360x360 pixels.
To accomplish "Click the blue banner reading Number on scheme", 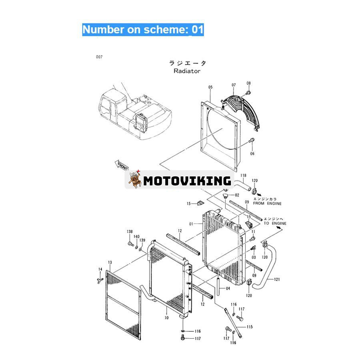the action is [x=143, y=30].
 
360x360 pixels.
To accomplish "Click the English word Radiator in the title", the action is [x=187, y=71].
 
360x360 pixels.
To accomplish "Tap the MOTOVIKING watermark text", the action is [x=187, y=181].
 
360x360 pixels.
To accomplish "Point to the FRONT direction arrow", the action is [x=122, y=166].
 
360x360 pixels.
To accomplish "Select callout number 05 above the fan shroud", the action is [x=210, y=87].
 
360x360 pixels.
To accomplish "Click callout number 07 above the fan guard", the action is [x=234, y=85].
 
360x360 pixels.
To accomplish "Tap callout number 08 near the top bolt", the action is [x=249, y=83].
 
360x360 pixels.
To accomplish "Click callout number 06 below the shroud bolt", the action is [x=252, y=154].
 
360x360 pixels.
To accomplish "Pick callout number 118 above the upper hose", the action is [x=243, y=176].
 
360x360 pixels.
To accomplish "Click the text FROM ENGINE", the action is [x=267, y=204].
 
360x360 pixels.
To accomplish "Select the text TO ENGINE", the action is [x=275, y=223].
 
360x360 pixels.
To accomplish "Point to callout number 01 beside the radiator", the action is [x=191, y=224].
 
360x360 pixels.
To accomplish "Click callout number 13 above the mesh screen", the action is [x=110, y=262].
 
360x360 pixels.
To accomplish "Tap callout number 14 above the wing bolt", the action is [x=100, y=269].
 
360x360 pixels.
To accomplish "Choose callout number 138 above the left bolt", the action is [x=130, y=232].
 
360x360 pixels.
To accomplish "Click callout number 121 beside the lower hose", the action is [x=277, y=280].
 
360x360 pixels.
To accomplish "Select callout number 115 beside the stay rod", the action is [x=250, y=327].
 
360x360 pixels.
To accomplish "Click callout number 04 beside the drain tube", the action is [x=228, y=288].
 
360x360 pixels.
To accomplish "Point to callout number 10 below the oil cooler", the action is [x=166, y=318].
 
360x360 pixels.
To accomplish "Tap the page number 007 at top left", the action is [x=99, y=57].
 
